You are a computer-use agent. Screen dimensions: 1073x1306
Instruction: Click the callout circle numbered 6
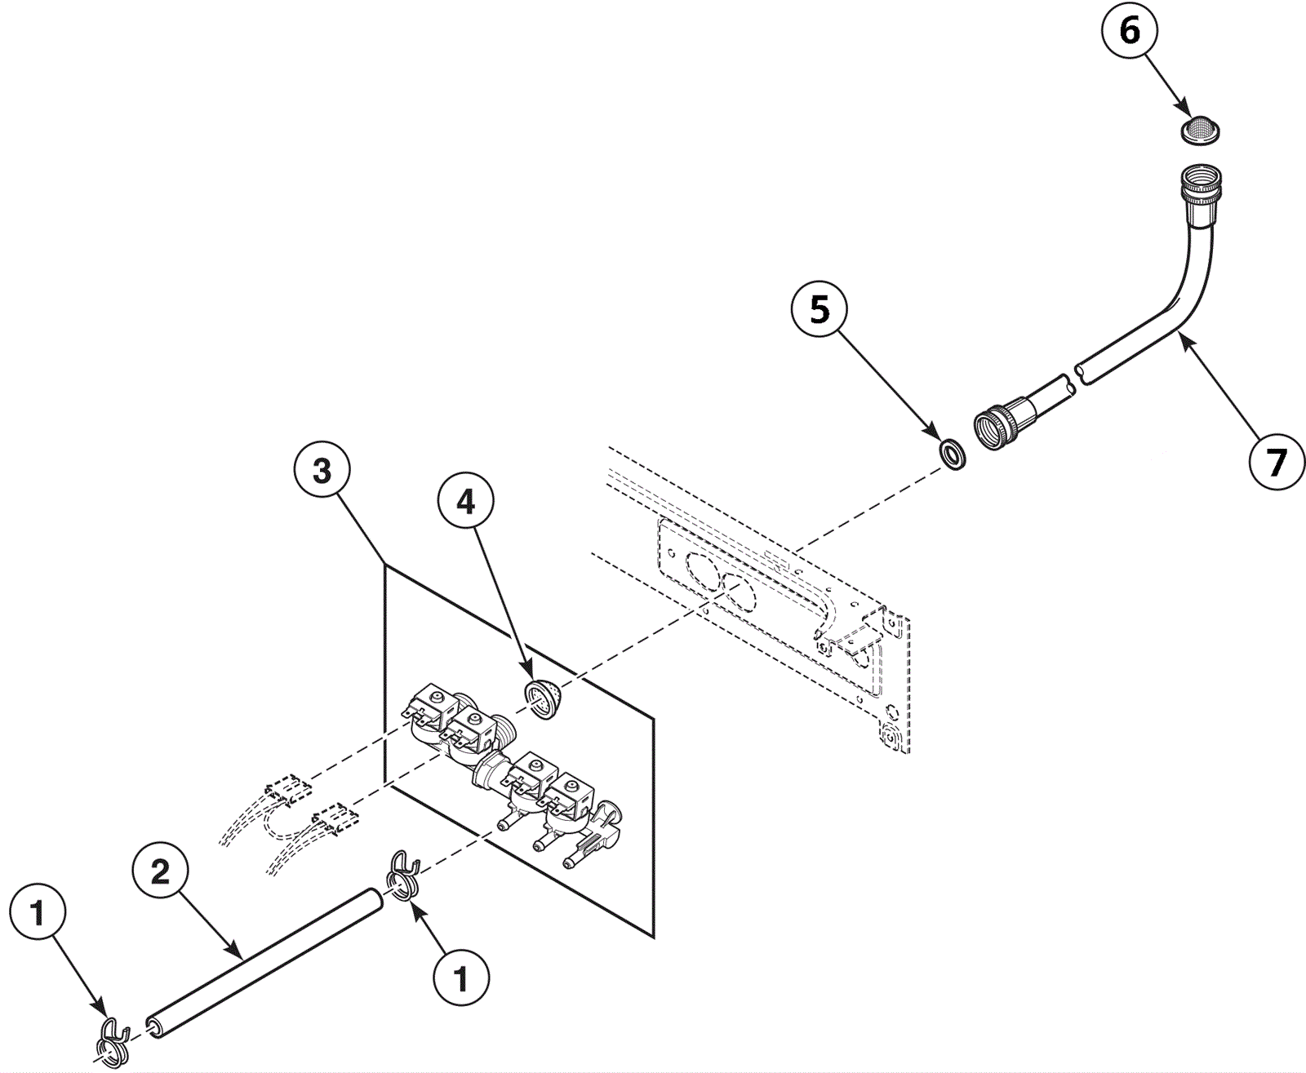tap(1130, 33)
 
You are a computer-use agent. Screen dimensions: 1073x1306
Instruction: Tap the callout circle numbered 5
tap(820, 311)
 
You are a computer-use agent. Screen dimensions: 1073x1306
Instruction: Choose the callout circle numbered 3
tap(323, 472)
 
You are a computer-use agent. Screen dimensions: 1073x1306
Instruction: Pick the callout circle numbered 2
tap(162, 872)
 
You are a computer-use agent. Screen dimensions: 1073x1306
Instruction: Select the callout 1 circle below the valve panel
tap(461, 977)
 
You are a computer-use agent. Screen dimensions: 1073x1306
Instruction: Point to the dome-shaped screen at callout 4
tap(542, 699)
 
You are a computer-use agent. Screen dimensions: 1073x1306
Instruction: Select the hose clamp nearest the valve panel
tap(401, 876)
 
